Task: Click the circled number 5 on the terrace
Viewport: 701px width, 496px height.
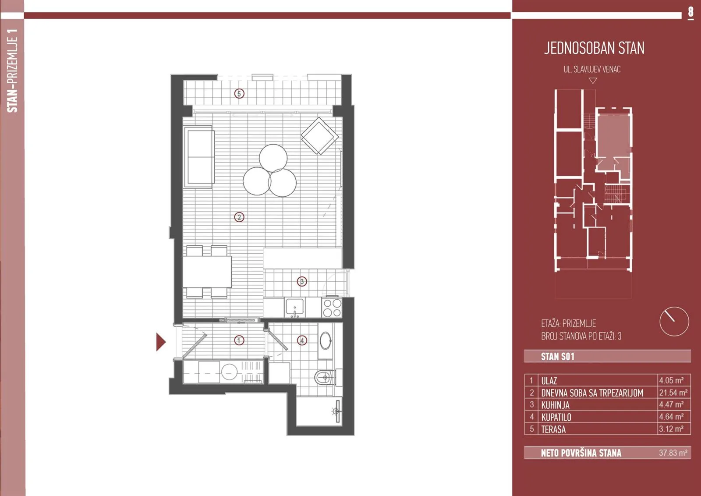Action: click(239, 93)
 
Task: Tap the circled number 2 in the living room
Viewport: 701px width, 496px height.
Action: click(239, 217)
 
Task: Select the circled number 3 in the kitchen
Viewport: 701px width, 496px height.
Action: click(302, 281)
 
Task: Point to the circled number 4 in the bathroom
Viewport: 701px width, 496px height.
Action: click(302, 340)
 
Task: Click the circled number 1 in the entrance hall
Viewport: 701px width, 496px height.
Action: click(239, 340)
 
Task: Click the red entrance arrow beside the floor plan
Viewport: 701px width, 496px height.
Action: click(160, 342)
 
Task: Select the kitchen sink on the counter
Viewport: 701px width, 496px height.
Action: click(295, 307)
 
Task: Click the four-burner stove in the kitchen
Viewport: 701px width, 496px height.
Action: click(332, 308)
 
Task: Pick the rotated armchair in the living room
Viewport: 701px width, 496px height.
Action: click(319, 136)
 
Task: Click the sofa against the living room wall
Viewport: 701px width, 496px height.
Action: click(199, 157)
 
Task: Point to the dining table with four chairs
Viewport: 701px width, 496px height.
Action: click(207, 272)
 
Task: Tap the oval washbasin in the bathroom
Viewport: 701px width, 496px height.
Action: click(326, 341)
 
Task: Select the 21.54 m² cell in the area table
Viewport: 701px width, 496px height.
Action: click(673, 393)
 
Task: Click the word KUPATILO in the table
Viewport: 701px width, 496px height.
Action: click(556, 417)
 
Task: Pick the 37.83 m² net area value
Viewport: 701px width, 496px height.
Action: click(673, 453)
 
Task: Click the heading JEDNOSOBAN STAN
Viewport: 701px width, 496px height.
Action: click(594, 48)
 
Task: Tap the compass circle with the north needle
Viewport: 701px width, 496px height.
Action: click(674, 321)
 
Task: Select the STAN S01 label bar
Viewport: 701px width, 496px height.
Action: click(607, 356)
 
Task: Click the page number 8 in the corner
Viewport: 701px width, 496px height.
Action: click(690, 13)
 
